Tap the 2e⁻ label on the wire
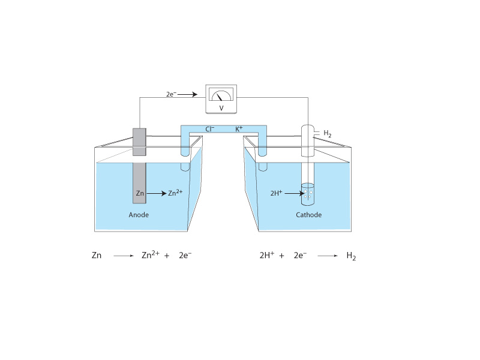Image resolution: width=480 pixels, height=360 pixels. (x=172, y=94)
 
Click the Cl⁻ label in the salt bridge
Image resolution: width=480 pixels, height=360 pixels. (x=210, y=128)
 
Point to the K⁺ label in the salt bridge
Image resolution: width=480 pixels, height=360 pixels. (x=239, y=128)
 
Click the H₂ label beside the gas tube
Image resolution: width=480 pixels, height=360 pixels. (x=328, y=134)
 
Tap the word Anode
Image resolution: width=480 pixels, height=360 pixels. (x=139, y=214)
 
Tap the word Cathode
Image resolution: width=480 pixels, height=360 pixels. (x=308, y=215)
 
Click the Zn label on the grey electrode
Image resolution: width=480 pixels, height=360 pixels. (x=139, y=194)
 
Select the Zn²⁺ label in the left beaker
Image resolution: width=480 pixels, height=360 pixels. (x=175, y=193)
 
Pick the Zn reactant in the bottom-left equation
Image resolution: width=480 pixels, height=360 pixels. (x=96, y=256)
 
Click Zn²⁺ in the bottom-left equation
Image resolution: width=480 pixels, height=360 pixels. (x=150, y=255)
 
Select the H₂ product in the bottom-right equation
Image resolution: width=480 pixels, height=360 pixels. (x=352, y=256)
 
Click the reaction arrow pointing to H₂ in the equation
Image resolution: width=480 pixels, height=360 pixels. (x=326, y=256)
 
